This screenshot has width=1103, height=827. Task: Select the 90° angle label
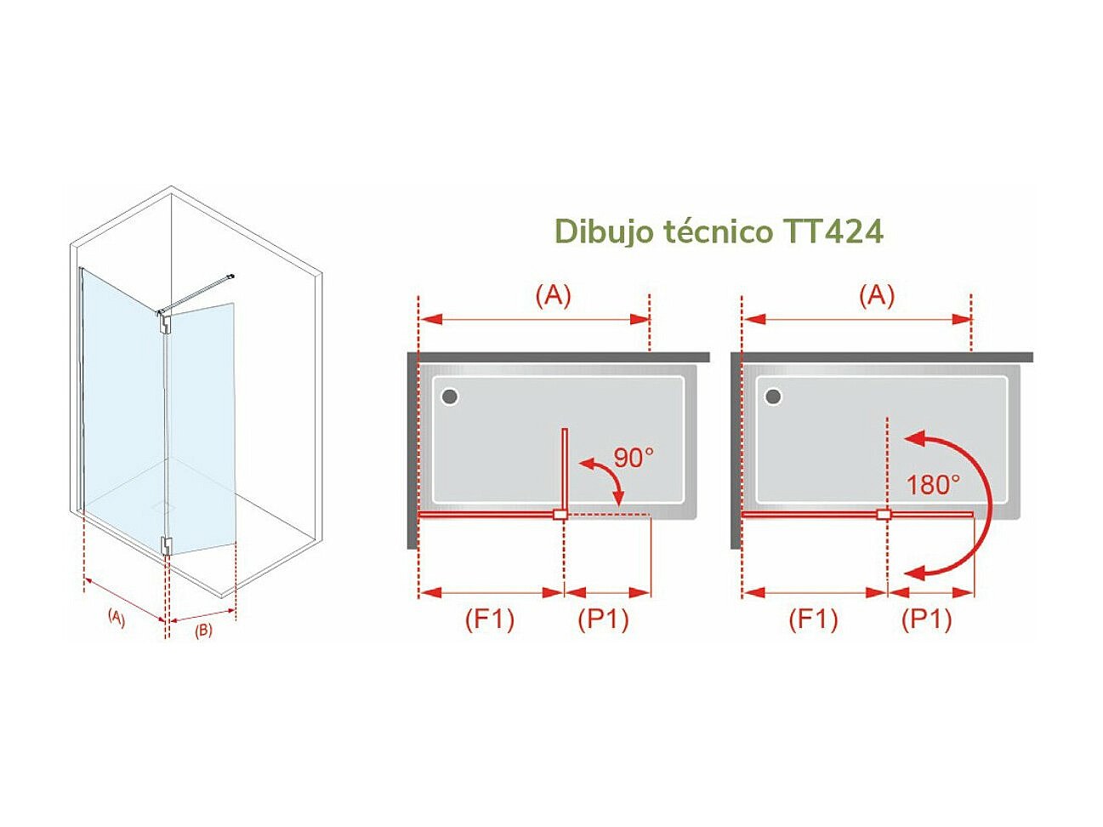634,458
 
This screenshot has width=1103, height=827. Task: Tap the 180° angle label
933,485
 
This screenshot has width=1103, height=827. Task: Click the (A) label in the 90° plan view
553,295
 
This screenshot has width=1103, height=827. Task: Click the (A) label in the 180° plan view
877,295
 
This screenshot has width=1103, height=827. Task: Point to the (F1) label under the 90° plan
490,619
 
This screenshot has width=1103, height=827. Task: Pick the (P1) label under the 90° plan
603,619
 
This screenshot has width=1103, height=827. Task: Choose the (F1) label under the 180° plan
813,619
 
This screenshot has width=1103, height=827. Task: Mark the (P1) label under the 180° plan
926,619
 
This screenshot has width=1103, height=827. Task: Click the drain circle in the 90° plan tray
450,396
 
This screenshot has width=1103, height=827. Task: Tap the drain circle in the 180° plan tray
774,396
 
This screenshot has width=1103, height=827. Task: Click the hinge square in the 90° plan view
560,515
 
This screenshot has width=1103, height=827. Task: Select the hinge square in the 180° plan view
884,515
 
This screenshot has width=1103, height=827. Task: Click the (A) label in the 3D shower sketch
117,618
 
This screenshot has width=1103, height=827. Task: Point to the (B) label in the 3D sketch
203,630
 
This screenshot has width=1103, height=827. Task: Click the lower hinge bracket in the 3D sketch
167,545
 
